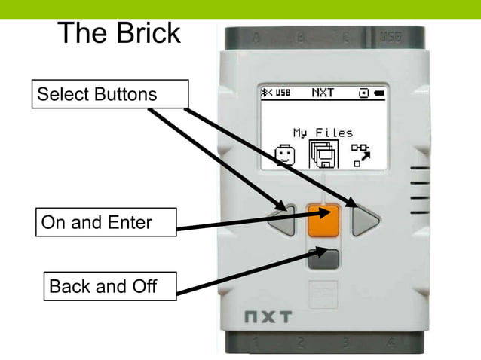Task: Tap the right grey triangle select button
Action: [367, 220]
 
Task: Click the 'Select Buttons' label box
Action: [109, 94]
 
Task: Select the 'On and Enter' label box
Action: [106, 223]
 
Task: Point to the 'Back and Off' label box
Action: [109, 287]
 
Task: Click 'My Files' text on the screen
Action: [323, 133]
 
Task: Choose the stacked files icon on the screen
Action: [324, 154]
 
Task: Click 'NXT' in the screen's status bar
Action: [323, 93]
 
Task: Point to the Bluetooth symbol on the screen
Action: [265, 93]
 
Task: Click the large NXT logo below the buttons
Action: [267, 317]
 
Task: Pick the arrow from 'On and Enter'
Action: [249, 220]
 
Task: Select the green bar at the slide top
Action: [240, 8]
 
